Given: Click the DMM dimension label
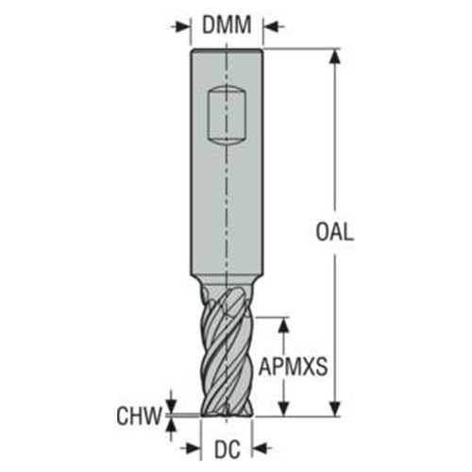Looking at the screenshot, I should [x=228, y=25].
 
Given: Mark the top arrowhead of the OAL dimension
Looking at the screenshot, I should [x=332, y=55].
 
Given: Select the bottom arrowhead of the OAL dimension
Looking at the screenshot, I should [x=332, y=408].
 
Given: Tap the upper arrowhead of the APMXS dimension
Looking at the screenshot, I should [x=281, y=323].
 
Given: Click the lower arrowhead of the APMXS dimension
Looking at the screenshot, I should [x=281, y=408].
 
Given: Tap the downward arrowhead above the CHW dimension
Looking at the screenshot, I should [x=171, y=403].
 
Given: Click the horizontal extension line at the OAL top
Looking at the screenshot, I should [x=302, y=48].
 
